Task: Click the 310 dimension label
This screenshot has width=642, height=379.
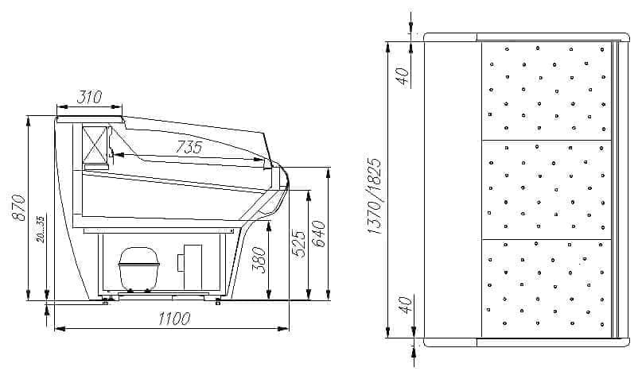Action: click(89, 97)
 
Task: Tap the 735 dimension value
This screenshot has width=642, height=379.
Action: click(189, 147)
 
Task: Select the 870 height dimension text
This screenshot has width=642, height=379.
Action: click(20, 207)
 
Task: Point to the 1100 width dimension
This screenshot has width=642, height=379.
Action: click(174, 319)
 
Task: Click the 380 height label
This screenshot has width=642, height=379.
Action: click(259, 260)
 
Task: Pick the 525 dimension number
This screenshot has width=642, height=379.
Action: click(298, 244)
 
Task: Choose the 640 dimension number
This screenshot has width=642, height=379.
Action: click(318, 234)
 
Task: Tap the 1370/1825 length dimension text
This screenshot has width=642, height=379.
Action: click(374, 196)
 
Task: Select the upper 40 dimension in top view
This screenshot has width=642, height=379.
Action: click(403, 76)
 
